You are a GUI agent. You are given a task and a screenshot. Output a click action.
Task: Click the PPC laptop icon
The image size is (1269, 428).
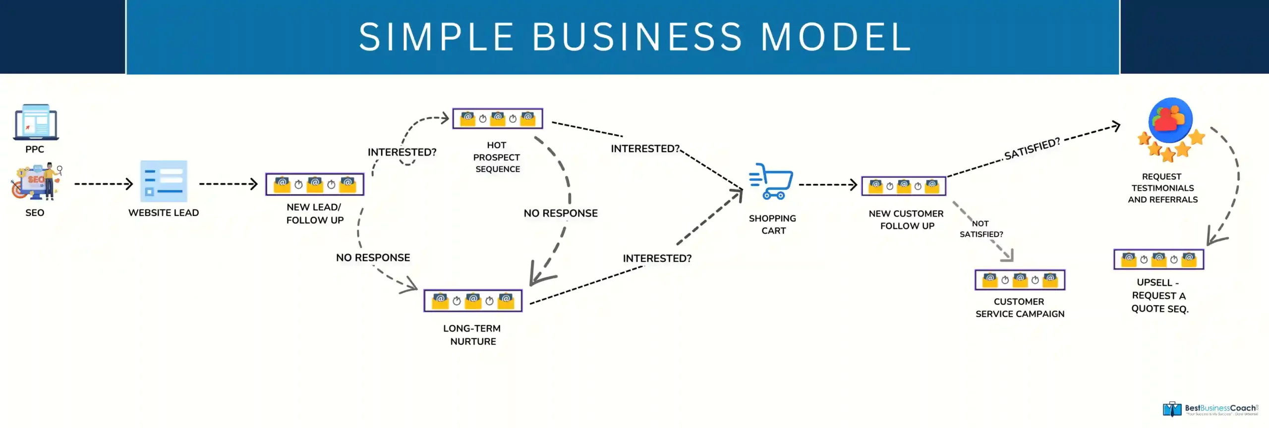[36, 122]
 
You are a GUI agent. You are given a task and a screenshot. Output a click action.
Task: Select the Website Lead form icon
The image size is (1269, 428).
[164, 181]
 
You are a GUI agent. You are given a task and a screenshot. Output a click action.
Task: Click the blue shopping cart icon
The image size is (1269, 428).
[771, 181]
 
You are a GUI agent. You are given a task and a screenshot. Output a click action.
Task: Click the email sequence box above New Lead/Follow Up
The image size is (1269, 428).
[315, 184]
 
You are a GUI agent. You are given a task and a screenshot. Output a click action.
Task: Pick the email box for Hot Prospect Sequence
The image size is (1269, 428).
[498, 118]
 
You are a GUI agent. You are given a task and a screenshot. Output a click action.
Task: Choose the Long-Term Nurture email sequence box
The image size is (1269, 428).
[473, 301]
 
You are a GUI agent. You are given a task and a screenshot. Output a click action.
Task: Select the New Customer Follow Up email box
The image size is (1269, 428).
[904, 186]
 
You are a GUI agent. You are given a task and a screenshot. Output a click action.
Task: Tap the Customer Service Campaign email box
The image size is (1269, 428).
[1020, 280]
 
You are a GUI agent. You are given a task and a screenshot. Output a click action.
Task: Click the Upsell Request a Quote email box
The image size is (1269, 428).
[1158, 259]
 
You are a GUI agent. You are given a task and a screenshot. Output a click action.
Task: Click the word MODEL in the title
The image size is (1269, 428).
[836, 37]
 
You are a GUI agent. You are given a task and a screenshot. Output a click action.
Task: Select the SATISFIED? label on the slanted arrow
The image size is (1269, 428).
[1032, 149]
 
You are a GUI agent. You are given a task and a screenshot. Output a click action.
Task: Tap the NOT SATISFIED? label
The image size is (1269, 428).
[981, 229]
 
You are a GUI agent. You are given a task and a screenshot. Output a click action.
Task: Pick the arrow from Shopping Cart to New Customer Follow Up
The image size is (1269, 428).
[828, 185]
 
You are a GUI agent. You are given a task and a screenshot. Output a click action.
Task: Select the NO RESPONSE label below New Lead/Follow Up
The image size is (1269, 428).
[373, 258]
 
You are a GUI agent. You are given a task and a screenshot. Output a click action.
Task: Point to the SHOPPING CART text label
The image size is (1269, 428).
[773, 224]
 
